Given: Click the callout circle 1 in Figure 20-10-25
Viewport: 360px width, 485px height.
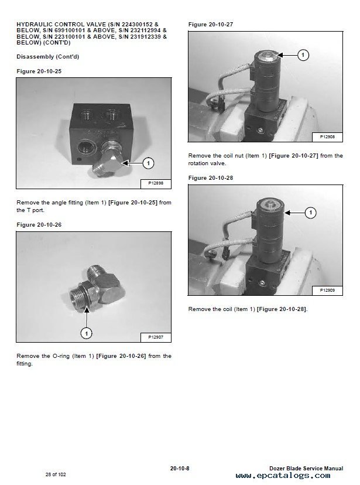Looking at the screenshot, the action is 148,163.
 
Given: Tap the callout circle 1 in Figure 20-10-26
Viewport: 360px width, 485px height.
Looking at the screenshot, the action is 86,333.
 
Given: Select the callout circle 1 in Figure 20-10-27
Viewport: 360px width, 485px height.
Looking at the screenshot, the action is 303,55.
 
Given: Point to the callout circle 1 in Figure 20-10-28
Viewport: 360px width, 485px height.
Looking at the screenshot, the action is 311,213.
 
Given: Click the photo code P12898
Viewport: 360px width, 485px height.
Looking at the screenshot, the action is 156,183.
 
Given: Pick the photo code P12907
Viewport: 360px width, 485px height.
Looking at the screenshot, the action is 156,337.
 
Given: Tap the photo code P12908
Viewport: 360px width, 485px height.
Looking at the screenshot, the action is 327,136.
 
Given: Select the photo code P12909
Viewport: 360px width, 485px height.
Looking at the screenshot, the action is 327,290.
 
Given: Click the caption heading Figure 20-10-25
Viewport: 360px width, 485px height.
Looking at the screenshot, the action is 39,71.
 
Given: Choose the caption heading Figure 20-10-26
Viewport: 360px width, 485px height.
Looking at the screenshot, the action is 39,224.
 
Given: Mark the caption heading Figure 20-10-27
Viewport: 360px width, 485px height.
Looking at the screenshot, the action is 211,25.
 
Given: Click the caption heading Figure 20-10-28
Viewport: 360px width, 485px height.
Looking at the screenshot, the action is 211,178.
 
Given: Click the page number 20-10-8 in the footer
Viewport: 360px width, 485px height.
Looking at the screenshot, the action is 180,468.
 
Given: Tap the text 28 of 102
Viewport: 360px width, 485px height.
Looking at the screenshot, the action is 56,474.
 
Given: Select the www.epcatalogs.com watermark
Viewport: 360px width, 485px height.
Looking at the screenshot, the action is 283,476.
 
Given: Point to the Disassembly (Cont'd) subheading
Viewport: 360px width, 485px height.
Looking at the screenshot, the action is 48,57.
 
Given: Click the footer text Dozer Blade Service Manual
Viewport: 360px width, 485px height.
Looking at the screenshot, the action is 306,468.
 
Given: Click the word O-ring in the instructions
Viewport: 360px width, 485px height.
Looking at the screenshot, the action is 60,356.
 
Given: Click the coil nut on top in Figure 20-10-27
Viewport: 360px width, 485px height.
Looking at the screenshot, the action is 268,57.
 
